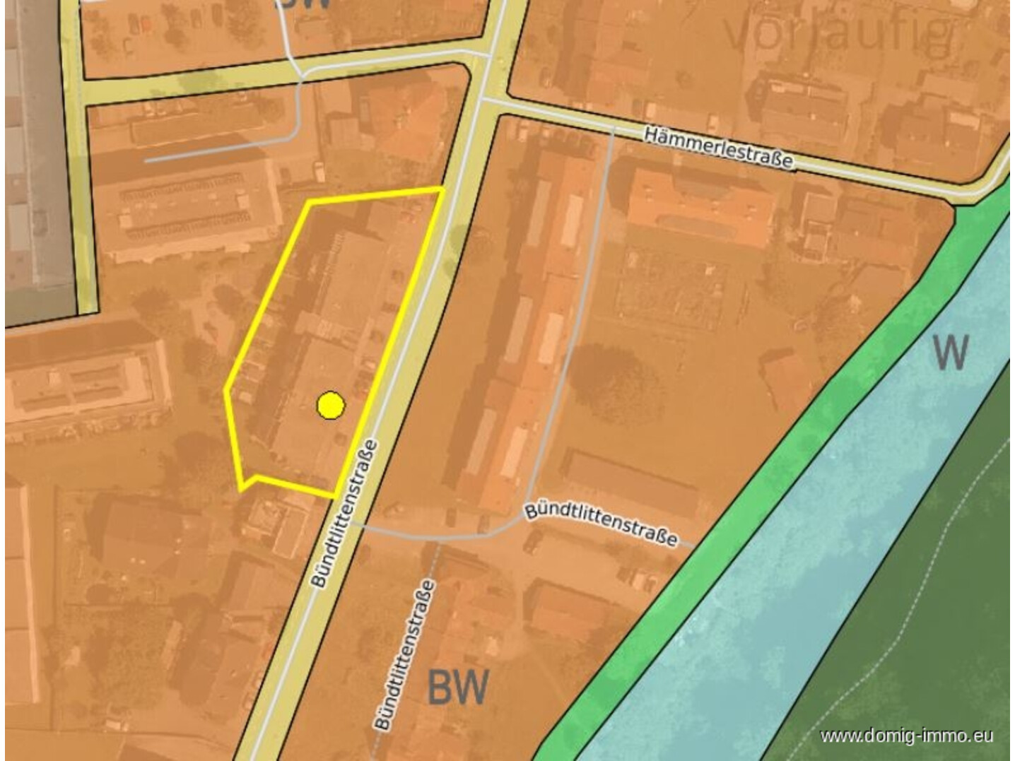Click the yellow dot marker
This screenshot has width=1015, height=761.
(x=330, y=406)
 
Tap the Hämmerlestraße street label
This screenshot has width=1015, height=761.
(x=718, y=147)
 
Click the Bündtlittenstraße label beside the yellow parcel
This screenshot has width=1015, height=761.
(x=344, y=514)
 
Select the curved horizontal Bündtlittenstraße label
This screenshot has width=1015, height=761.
(x=601, y=524)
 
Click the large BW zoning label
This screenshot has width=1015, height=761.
(x=458, y=687)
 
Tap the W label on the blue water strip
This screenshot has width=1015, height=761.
(x=950, y=352)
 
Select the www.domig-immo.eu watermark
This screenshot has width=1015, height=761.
(x=906, y=736)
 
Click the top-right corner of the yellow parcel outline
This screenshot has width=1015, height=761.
(x=442, y=189)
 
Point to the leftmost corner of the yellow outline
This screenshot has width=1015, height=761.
(x=225, y=389)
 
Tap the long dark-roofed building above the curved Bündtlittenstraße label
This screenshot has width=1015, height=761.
(x=629, y=481)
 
